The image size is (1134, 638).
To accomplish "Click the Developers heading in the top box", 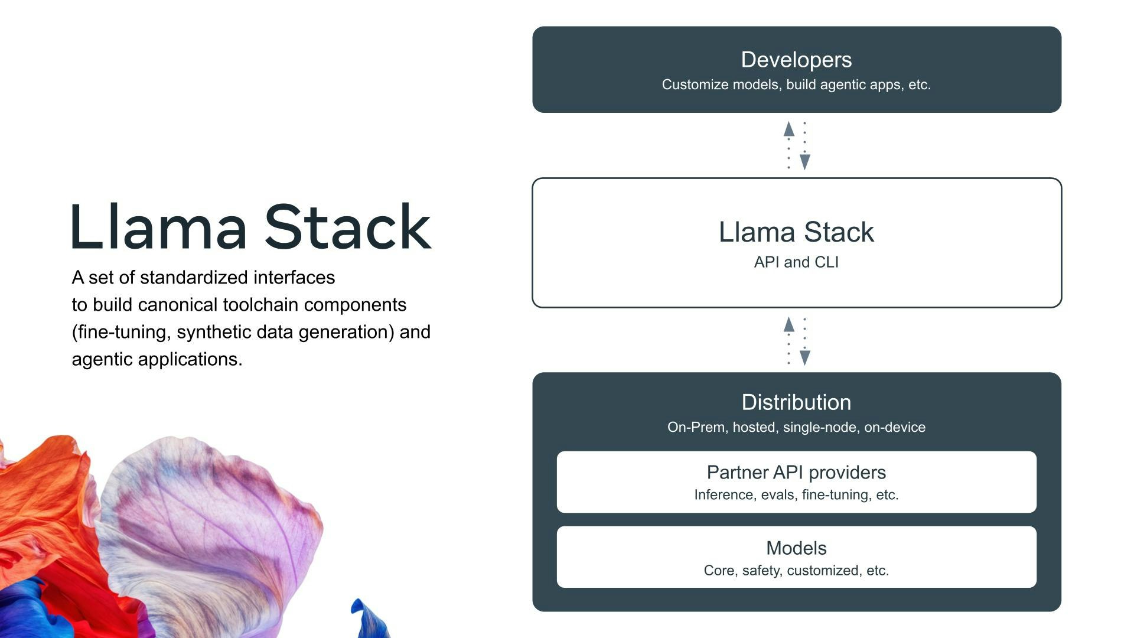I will [796, 60].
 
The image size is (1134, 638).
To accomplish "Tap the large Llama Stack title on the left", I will [251, 227].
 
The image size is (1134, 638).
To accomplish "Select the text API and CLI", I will [796, 262].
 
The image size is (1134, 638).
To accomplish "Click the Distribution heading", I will [796, 402].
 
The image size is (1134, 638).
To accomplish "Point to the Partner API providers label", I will [796, 473].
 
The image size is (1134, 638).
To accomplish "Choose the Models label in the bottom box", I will [796, 548].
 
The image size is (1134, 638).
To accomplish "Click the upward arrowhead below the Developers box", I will [788, 129].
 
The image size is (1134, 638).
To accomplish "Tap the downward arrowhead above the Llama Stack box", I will [804, 161].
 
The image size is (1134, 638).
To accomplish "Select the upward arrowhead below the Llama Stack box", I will [788, 324].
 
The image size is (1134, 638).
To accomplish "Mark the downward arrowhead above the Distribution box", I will [804, 357].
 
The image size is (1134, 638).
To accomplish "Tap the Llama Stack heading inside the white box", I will [796, 232].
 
